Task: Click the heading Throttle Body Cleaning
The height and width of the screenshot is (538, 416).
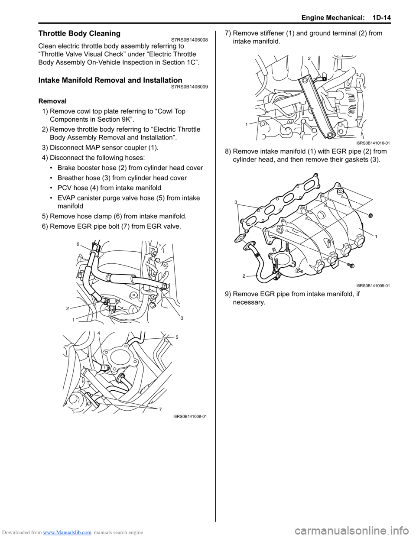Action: (x=79, y=34)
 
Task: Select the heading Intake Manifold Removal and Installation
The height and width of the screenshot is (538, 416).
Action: (x=110, y=80)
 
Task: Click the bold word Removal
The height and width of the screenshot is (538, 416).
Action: (x=52, y=101)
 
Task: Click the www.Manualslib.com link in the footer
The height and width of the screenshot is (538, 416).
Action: (x=67, y=532)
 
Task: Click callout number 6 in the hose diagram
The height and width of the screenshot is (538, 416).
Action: (x=78, y=244)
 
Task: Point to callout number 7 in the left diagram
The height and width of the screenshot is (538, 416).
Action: (x=160, y=409)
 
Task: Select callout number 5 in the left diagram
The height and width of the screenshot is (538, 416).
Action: (x=177, y=337)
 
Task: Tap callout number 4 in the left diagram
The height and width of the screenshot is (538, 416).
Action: (x=99, y=333)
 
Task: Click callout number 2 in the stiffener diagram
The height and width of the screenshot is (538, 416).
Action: (x=309, y=58)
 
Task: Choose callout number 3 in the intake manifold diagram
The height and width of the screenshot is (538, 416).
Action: (x=236, y=202)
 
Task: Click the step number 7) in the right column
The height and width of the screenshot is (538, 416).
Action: (x=228, y=33)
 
